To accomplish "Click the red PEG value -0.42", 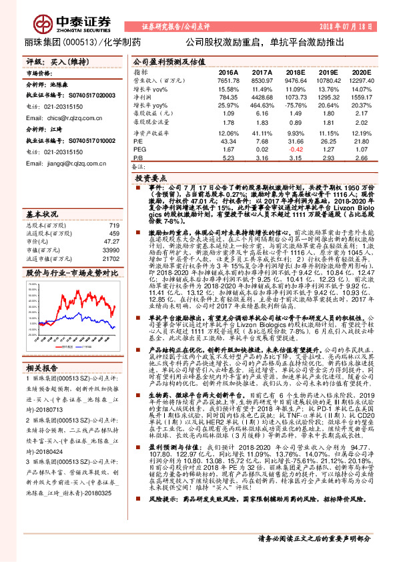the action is click(296, 150).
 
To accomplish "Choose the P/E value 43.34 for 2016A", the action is click(228, 142).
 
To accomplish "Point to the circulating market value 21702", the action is click(110, 258).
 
